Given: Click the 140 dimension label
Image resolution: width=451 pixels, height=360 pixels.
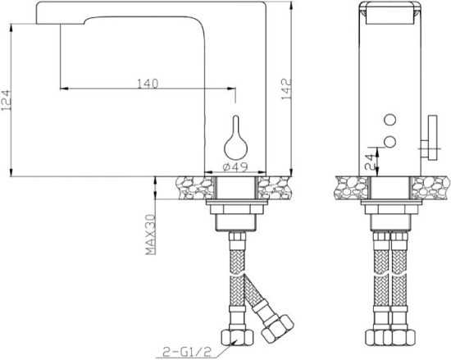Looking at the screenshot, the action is (x=148, y=84).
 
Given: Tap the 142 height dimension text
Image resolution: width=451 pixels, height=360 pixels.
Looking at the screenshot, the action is (x=286, y=89).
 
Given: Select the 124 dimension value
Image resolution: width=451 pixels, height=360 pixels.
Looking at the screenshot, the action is (x=6, y=100).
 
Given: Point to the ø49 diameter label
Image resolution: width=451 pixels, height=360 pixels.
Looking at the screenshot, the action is (x=235, y=166).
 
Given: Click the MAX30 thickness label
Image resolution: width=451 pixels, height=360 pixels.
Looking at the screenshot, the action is (x=150, y=235).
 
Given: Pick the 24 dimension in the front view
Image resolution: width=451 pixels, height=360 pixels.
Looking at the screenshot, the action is (x=370, y=162).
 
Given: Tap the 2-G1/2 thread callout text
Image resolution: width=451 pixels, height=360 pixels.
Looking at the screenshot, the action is (x=187, y=351).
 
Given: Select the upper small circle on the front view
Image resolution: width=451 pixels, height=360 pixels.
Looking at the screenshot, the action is (x=390, y=120).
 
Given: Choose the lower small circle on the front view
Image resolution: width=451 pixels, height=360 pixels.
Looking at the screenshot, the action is (x=390, y=142).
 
